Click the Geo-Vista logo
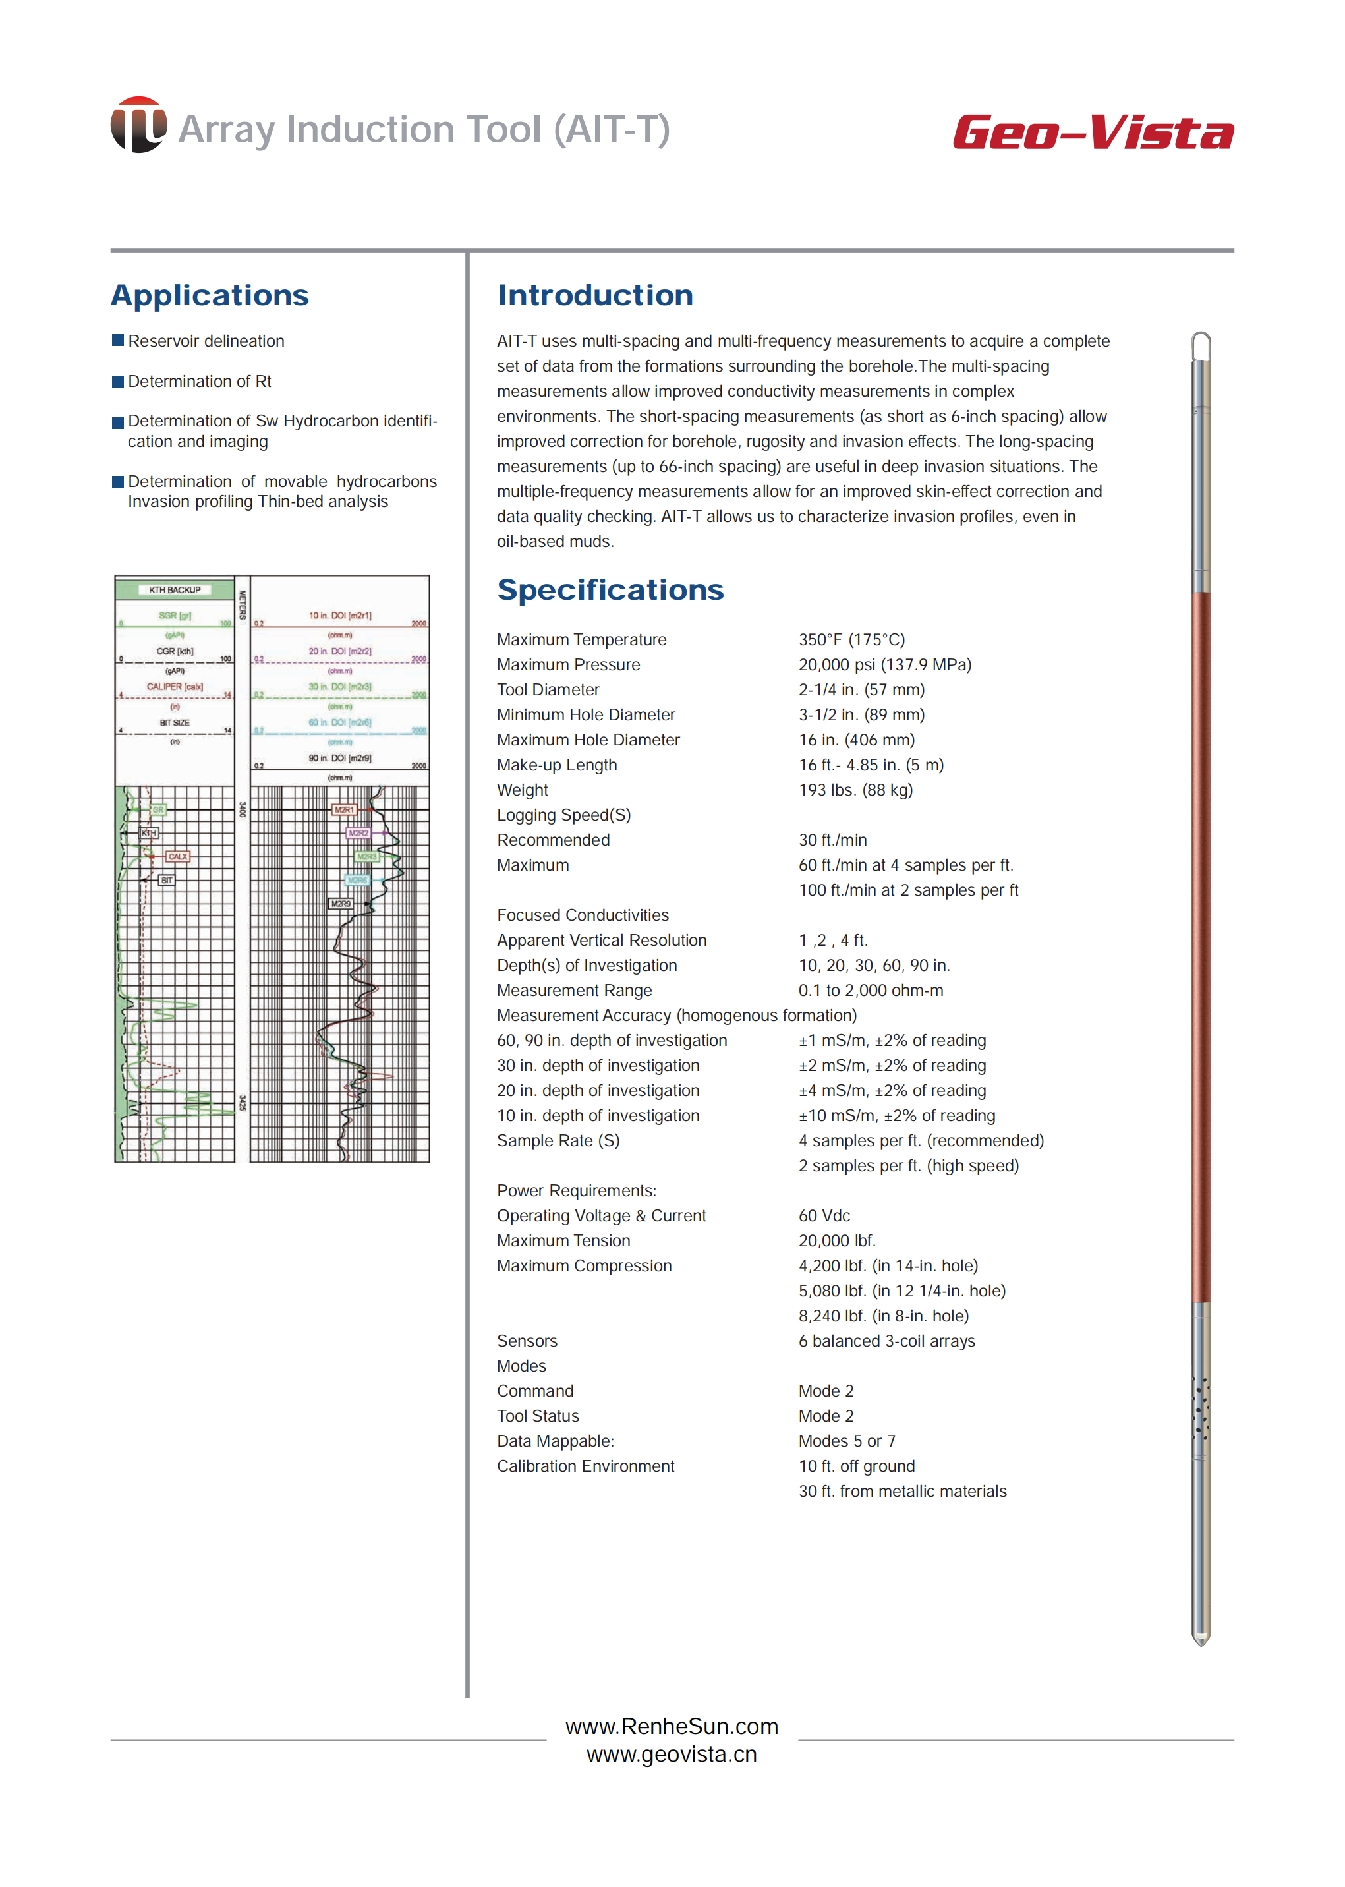(x=1093, y=132)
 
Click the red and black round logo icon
(x=138, y=125)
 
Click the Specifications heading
(x=610, y=590)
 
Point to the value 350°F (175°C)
(x=851, y=639)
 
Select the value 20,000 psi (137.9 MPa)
(x=884, y=664)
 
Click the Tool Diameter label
(x=548, y=689)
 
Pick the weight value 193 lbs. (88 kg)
(x=855, y=790)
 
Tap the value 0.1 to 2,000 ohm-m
(x=871, y=990)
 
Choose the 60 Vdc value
(x=824, y=1215)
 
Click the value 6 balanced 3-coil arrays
(x=886, y=1341)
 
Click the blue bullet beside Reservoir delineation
(x=117, y=341)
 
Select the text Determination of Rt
(x=200, y=381)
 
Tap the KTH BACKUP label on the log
(x=175, y=590)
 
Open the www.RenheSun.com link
(x=672, y=1726)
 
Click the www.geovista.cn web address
(x=672, y=1755)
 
